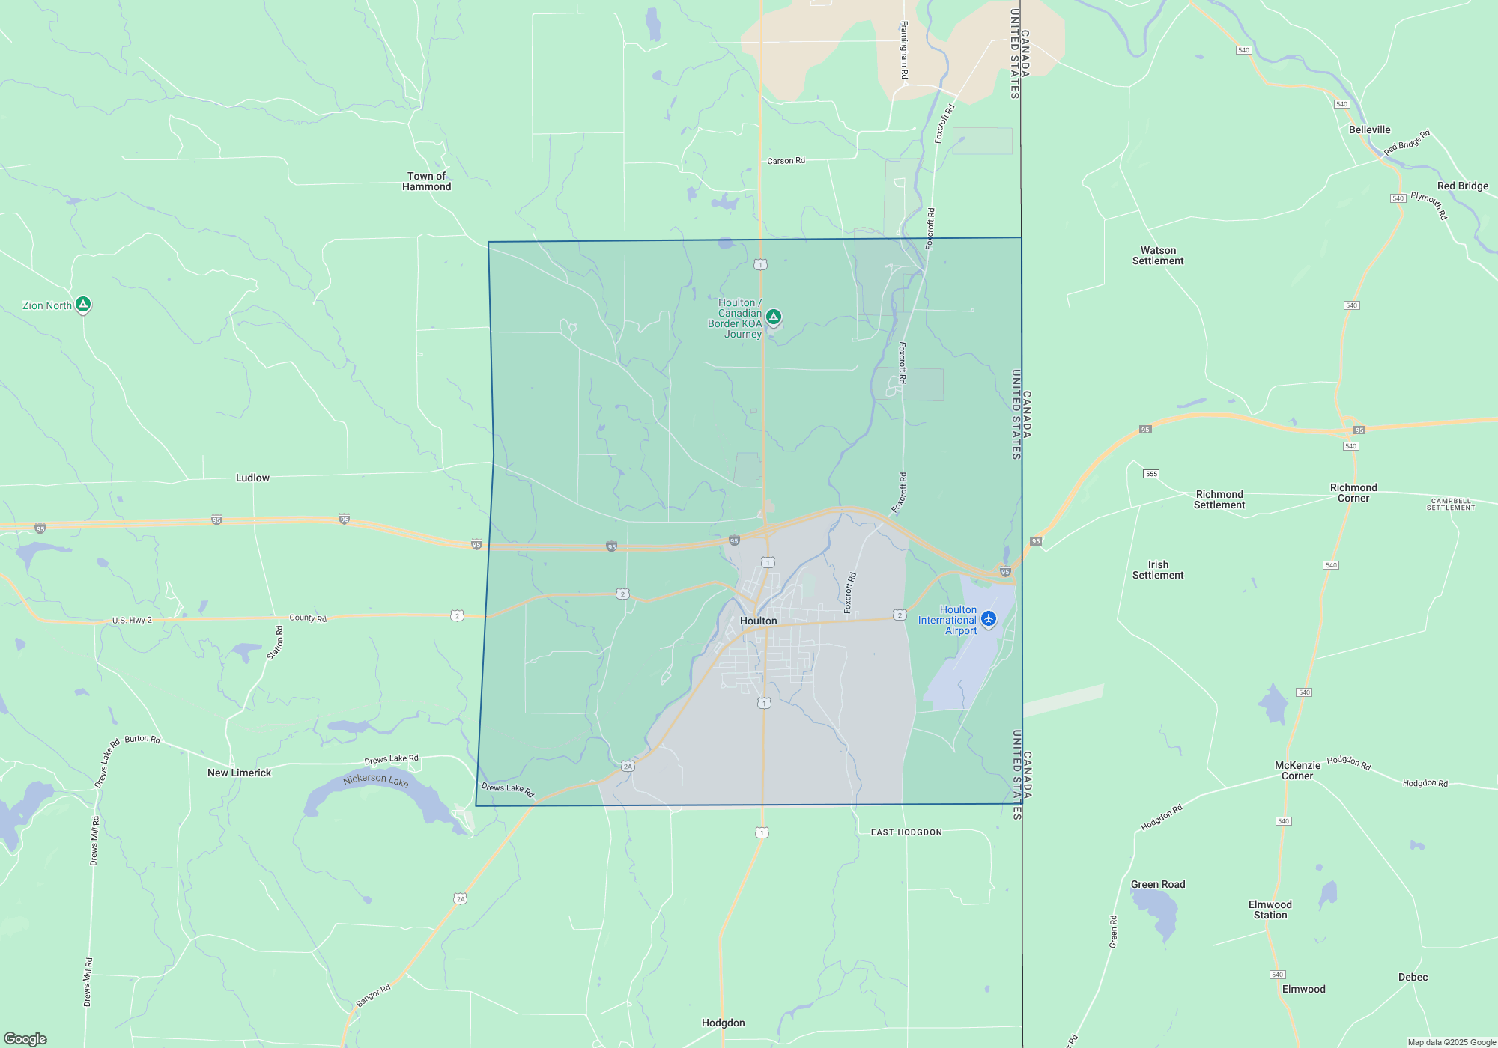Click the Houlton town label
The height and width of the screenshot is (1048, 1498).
coord(758,621)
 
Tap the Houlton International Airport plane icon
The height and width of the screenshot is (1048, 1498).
coord(989,618)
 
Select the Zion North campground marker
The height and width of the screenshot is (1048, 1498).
coord(83,305)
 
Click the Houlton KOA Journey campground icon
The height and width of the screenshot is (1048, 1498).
coord(774,317)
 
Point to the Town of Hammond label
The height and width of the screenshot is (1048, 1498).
coord(426,181)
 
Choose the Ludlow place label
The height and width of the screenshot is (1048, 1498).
coord(252,478)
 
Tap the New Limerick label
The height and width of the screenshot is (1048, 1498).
coord(239,773)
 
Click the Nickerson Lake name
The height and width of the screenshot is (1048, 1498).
coord(375,780)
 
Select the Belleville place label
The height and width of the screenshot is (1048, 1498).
coord(1369,130)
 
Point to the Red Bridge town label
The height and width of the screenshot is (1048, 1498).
coord(1462,186)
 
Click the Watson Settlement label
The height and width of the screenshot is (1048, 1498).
coord(1158,255)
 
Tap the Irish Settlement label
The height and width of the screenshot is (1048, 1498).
coord(1158,570)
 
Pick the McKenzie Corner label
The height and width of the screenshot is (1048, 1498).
coord(1297,770)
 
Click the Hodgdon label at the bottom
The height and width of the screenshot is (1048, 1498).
coord(723,1023)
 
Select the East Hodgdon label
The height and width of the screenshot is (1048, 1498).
coord(906,832)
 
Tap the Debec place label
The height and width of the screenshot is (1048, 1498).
coord(1413,977)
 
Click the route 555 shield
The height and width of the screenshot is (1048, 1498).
coord(1151,474)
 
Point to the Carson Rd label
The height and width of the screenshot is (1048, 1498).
coord(786,161)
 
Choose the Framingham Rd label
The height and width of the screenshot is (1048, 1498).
coord(904,50)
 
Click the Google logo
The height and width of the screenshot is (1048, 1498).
coord(25,1038)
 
